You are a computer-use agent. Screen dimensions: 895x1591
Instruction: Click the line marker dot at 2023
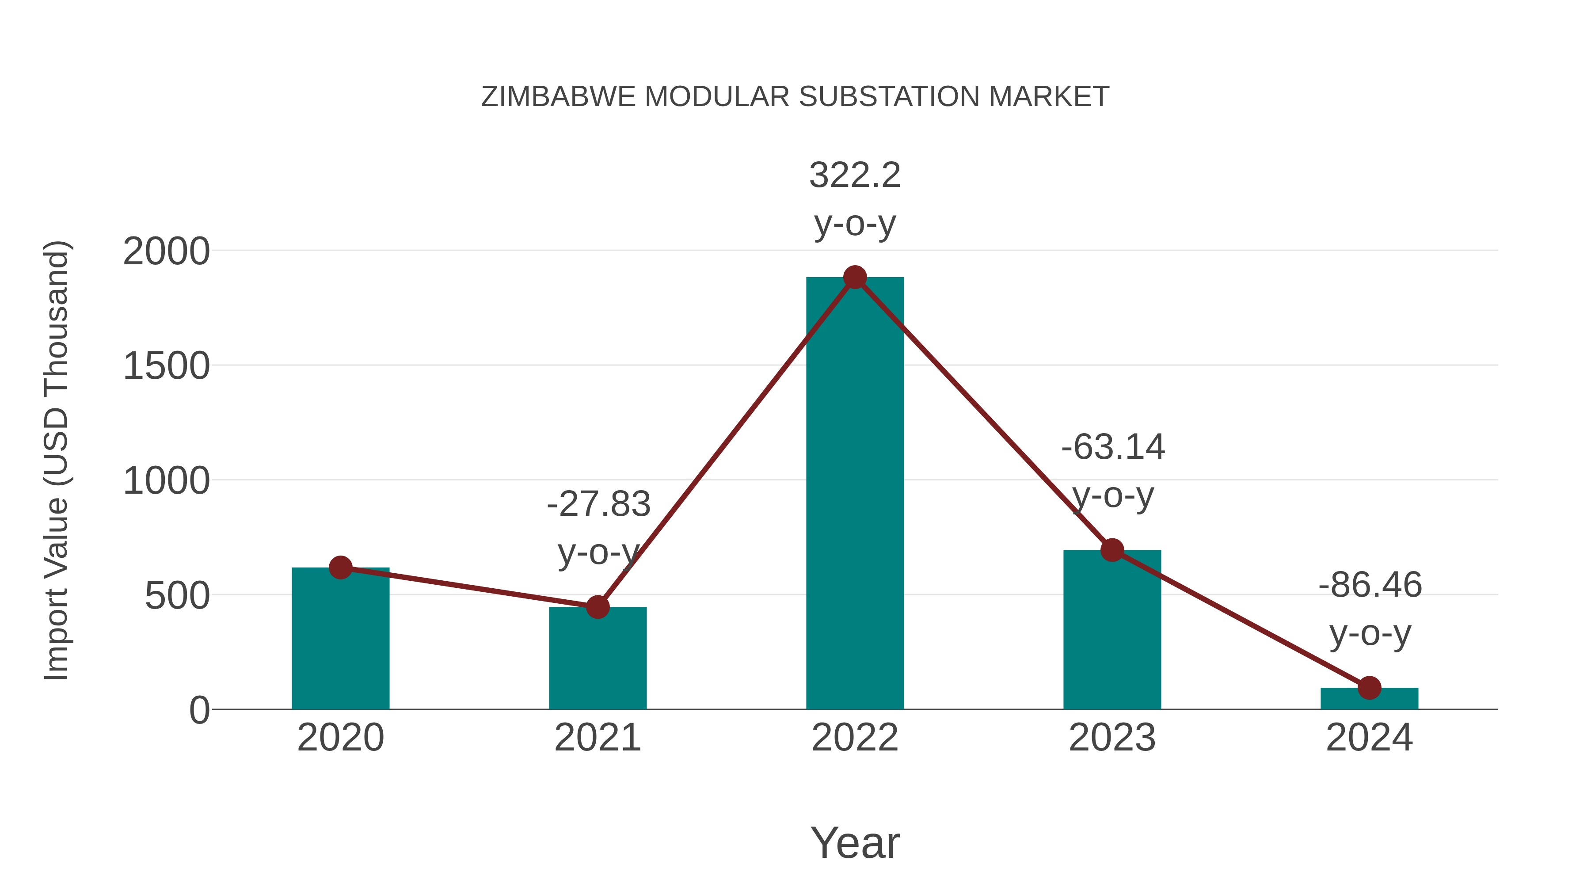(x=1112, y=550)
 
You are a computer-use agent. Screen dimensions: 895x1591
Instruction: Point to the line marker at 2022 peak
(x=855, y=277)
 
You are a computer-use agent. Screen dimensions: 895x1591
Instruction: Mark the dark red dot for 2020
(x=340, y=567)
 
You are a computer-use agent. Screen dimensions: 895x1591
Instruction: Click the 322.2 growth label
(x=855, y=175)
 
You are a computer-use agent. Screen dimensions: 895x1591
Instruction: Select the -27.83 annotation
(x=598, y=504)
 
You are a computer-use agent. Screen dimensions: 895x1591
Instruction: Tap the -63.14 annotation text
(x=1113, y=447)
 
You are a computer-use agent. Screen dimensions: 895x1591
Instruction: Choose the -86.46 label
(x=1370, y=585)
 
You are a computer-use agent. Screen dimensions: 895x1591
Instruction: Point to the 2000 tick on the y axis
(x=166, y=251)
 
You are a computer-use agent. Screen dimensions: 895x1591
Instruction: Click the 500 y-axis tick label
(x=177, y=596)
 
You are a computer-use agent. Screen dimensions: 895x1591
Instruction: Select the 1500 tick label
(x=166, y=366)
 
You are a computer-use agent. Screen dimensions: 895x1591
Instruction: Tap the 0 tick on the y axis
(x=199, y=710)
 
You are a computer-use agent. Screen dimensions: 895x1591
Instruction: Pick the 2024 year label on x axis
(x=1369, y=738)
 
